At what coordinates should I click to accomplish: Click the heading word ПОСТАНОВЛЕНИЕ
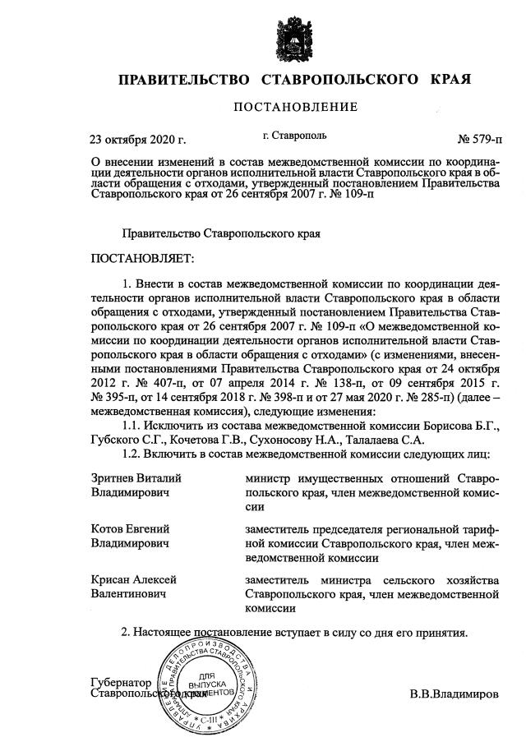point(296,107)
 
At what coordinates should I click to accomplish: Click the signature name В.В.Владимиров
point(454,694)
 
